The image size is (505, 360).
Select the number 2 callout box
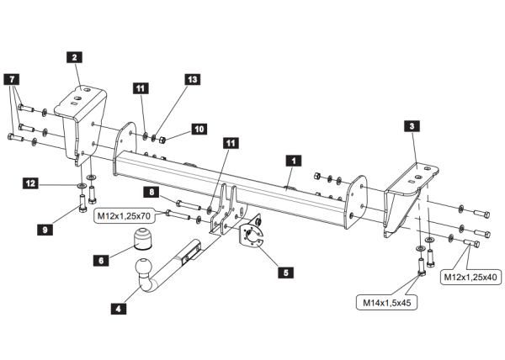75,57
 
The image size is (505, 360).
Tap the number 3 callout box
411,126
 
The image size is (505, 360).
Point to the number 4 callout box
118,309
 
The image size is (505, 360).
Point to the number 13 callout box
193,79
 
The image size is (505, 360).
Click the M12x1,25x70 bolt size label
124,217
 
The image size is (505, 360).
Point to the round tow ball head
143,270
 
